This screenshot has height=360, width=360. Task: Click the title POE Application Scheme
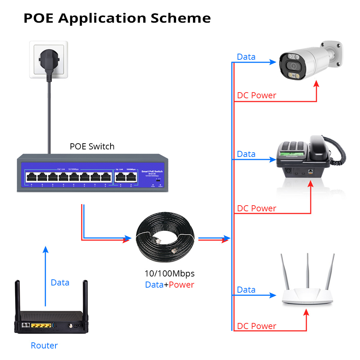tap(117, 18)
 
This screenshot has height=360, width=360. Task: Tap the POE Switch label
tap(92, 147)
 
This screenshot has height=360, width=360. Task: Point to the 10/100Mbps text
tap(170, 274)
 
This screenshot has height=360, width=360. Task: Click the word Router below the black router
tap(44, 346)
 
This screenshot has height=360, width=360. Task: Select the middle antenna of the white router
tap(308, 270)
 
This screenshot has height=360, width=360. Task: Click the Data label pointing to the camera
tap(246, 57)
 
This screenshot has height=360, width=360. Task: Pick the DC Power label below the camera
tap(257, 95)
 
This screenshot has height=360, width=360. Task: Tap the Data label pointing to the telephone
tap(246, 154)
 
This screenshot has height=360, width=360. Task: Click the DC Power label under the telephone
tap(257, 208)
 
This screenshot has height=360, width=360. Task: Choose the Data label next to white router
tap(246, 290)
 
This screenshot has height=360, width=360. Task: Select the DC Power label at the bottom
tap(257, 326)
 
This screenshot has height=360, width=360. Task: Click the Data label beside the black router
tap(60, 283)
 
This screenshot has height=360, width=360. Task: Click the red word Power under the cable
tap(181, 285)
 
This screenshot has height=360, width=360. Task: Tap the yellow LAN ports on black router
tap(40, 325)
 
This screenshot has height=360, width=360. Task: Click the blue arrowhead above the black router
tap(45, 249)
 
